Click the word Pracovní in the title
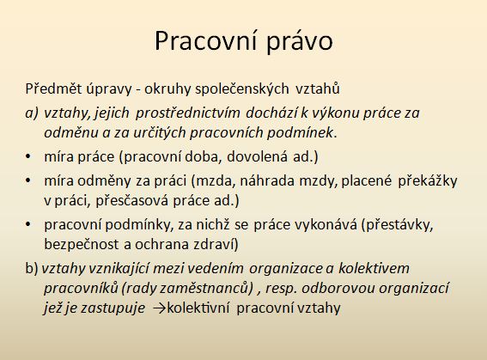[x=205, y=40]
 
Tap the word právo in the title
[x=300, y=42]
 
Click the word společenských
[x=242, y=89]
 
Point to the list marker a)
[x=32, y=113]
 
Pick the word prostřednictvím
[x=187, y=113]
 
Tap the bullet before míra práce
[x=28, y=156]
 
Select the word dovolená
[x=257, y=156]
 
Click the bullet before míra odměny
[x=28, y=180]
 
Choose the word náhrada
[x=267, y=180]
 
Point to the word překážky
[x=428, y=181]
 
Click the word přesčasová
[x=132, y=201]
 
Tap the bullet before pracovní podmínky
[x=28, y=224]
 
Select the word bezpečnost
[x=82, y=245]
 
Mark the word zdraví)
[x=216, y=245]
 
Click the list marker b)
[x=32, y=269]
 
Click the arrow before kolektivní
[x=160, y=308]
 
